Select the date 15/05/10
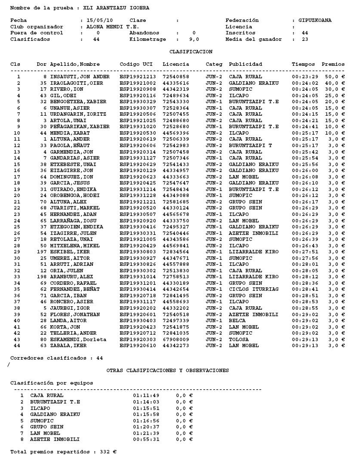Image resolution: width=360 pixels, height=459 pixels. tap(97, 20)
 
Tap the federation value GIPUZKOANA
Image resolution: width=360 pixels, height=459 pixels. tap(315, 20)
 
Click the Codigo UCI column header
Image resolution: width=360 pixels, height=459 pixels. tap(136, 64)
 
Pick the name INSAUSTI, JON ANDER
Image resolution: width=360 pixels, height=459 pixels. tap(80, 77)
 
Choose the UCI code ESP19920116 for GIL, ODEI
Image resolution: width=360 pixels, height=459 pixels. tap(136, 95)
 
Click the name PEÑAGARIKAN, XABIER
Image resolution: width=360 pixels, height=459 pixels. tap(80, 127)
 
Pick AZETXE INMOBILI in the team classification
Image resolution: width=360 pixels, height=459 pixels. tap(55, 439)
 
